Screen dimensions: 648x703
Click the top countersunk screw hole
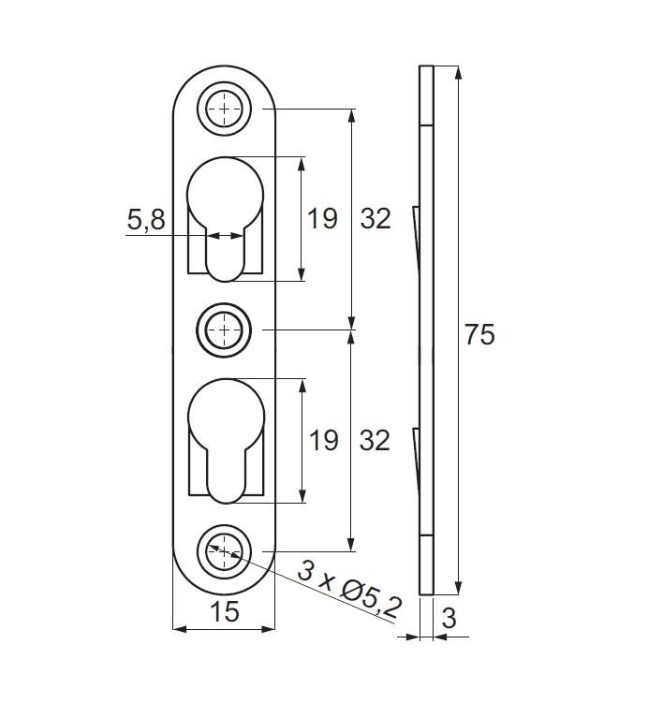(224, 109)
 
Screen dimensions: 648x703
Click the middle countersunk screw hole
(224, 330)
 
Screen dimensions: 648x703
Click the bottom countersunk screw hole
(224, 551)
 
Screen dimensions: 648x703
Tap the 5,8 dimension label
(146, 220)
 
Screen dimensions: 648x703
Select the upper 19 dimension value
(322, 219)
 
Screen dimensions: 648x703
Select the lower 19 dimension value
(323, 440)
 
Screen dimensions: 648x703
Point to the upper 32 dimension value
(376, 219)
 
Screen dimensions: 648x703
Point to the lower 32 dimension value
(375, 440)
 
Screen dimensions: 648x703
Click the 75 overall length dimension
(479, 334)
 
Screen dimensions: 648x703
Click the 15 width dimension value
(224, 611)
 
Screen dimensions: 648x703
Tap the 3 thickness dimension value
(449, 618)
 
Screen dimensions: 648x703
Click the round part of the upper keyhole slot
(225, 195)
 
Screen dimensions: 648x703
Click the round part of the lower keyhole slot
(227, 416)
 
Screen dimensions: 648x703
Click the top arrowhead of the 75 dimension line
(458, 73)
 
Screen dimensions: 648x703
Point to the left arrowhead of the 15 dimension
(180, 629)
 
